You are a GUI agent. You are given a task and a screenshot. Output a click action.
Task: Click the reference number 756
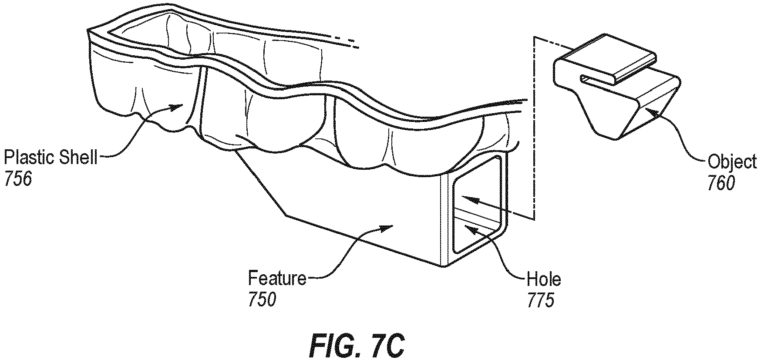[18, 179]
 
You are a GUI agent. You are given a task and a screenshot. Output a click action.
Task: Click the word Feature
[277, 278]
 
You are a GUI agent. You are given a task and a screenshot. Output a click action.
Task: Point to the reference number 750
[262, 299]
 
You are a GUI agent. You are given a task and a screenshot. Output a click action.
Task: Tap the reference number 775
[541, 300]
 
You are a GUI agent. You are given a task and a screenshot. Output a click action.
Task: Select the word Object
[732, 162]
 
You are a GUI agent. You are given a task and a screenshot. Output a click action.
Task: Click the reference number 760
[721, 184]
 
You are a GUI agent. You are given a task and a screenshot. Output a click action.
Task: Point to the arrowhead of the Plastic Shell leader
[179, 106]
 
